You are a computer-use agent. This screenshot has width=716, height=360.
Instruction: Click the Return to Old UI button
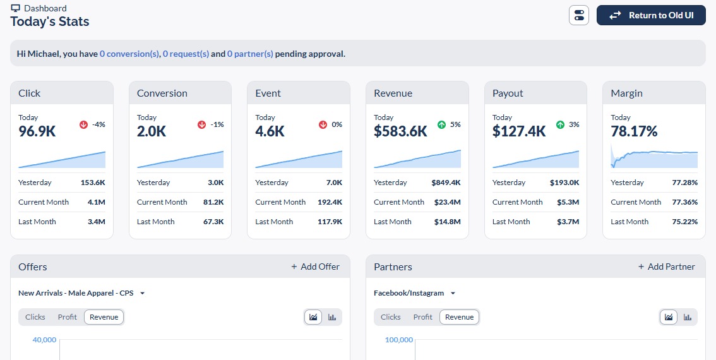pyautogui.click(x=651, y=15)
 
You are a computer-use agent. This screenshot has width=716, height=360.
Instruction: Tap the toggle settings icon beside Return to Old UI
pyautogui.click(x=578, y=15)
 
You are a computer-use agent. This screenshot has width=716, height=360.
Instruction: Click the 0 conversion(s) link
pyautogui.click(x=129, y=54)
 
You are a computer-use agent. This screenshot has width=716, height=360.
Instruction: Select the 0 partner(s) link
pyautogui.click(x=250, y=54)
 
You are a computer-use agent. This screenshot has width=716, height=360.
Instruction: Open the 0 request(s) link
pyautogui.click(x=186, y=54)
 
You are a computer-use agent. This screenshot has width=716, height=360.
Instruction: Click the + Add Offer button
pyautogui.click(x=315, y=267)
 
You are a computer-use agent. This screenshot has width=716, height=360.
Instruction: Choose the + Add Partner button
pyautogui.click(x=666, y=267)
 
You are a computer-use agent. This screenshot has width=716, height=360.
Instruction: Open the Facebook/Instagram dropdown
pyautogui.click(x=415, y=293)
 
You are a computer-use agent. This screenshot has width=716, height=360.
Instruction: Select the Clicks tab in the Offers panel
pyautogui.click(x=35, y=317)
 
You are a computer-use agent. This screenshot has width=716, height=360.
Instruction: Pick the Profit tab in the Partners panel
pyautogui.click(x=423, y=317)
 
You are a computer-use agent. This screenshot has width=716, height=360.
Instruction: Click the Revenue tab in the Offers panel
pyautogui.click(x=104, y=317)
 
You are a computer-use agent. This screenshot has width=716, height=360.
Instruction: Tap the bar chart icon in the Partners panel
pyautogui.click(x=687, y=317)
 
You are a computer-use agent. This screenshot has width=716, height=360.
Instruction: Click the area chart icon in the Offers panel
pyautogui.click(x=313, y=317)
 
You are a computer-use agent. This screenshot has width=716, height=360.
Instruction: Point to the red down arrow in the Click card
pyautogui.click(x=83, y=124)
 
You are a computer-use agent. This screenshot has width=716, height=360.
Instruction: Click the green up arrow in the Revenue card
pyautogui.click(x=441, y=124)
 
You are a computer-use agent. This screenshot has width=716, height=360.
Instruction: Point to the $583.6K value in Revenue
pyautogui.click(x=400, y=131)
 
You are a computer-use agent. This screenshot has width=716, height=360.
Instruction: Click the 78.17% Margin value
pyautogui.click(x=634, y=131)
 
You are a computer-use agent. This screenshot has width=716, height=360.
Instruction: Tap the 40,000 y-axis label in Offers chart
pyautogui.click(x=44, y=340)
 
